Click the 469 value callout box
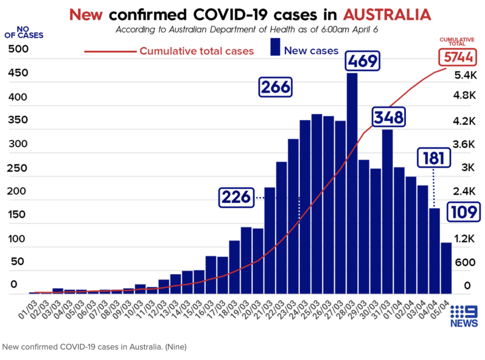point(362,61)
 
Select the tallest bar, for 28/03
point(352,180)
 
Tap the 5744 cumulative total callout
point(456,58)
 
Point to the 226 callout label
point(237,197)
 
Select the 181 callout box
point(433,158)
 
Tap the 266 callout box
point(276,87)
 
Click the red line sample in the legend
point(110,51)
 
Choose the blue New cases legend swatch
point(275,47)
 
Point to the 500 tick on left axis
point(18,49)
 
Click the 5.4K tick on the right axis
point(465,75)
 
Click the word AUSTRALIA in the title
point(387,14)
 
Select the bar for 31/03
point(388,211)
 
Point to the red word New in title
point(87,14)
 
